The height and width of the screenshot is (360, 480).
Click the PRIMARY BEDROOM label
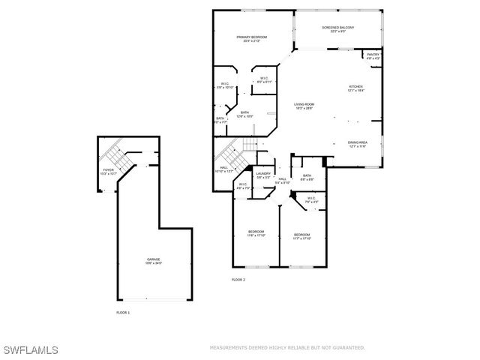pyautogui.click(x=253, y=37)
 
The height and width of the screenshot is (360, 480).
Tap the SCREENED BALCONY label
pyautogui.click(x=338, y=28)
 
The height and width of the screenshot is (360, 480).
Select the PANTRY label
pyautogui.click(x=373, y=55)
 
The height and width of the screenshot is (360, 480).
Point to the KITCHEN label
pyautogui.click(x=355, y=87)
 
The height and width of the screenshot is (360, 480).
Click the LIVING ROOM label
pyautogui.click(x=304, y=104)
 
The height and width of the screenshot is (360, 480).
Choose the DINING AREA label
pyautogui.click(x=357, y=142)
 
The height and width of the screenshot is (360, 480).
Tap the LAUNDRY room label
pyautogui.click(x=263, y=174)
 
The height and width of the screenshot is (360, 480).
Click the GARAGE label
pyautogui.click(x=153, y=259)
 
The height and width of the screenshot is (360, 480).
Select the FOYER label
pyautogui.click(x=109, y=170)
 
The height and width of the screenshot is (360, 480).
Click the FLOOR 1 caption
pyautogui.click(x=122, y=312)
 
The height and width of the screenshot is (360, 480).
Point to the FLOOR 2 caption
pyautogui.click(x=238, y=280)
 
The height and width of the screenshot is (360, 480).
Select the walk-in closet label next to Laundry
pyautogui.click(x=243, y=184)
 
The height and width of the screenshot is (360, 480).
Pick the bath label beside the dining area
pyautogui.click(x=307, y=175)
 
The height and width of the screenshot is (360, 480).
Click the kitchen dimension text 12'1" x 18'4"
pyautogui.click(x=355, y=91)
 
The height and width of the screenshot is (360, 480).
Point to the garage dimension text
pyautogui.click(x=153, y=263)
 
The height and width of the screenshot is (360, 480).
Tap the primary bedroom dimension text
pyautogui.click(x=253, y=41)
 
